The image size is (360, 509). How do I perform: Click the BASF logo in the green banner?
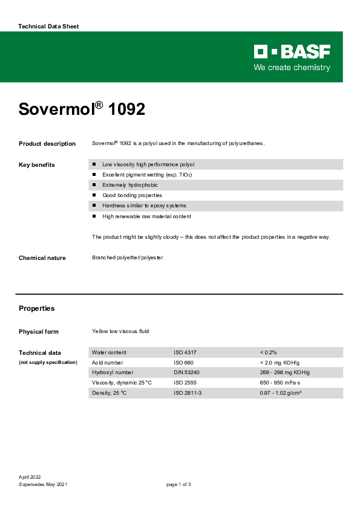[292, 51]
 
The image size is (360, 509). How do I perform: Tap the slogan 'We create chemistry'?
[292, 68]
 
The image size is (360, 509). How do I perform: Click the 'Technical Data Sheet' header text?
[48, 27]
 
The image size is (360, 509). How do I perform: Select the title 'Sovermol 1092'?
[82, 109]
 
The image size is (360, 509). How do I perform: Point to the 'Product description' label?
[47, 144]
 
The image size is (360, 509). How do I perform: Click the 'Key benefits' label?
[37, 165]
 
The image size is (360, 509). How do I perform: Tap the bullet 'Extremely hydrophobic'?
[129, 185]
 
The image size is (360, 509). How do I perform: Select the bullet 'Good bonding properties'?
[132, 195]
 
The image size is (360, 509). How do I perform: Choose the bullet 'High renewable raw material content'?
[146, 216]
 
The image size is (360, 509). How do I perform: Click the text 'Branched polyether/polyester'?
[127, 258]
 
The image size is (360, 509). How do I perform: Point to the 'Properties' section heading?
[37, 308]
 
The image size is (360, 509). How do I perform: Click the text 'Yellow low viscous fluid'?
[120, 331]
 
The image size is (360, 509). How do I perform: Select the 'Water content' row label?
[109, 352]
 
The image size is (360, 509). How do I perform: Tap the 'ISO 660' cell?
[184, 362]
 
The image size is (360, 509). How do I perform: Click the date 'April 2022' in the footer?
[30, 478]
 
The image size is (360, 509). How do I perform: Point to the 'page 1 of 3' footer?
[178, 484]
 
